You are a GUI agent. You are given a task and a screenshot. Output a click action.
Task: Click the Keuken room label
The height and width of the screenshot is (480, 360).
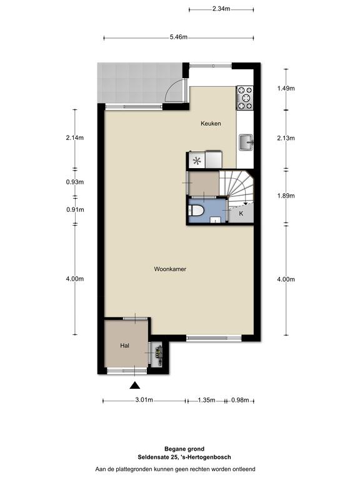pyautogui.click(x=211, y=124)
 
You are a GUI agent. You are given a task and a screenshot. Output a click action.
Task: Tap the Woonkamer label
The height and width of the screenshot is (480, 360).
pyautogui.click(x=170, y=269)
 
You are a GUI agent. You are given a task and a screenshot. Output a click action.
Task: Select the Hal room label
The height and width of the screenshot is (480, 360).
pyautogui.click(x=124, y=346)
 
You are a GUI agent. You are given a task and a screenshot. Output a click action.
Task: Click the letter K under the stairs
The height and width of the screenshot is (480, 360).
pyautogui.click(x=241, y=213)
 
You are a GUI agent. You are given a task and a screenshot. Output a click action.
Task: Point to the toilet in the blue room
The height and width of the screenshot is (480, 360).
pyautogui.click(x=195, y=211)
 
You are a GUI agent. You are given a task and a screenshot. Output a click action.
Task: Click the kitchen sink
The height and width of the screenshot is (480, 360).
pyautogui.click(x=246, y=142)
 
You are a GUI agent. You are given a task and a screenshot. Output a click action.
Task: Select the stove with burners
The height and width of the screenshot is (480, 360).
pyautogui.click(x=245, y=98)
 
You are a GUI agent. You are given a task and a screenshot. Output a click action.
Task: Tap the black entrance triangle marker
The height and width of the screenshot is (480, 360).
pyautogui.click(x=135, y=386)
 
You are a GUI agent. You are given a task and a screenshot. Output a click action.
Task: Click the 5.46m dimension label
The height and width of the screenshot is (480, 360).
pyautogui.click(x=179, y=37)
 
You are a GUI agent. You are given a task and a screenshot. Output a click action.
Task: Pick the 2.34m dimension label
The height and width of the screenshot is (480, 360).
pyautogui.click(x=221, y=9)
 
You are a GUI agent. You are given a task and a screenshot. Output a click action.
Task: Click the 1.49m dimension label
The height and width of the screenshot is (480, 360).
pyautogui.click(x=286, y=89)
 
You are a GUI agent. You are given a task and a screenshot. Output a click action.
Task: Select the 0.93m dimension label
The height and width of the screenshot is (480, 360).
pyautogui.click(x=75, y=182)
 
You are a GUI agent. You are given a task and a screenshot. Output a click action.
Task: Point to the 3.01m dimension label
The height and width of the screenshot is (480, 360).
pyautogui.click(x=144, y=400)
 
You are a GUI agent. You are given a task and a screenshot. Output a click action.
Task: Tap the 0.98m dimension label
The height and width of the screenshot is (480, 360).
pyautogui.click(x=240, y=400)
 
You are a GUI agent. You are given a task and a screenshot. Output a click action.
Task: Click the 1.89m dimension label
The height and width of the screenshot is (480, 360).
pyautogui.click(x=286, y=196)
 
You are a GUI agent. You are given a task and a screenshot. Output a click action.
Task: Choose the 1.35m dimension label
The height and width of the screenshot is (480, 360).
pyautogui.click(x=207, y=400)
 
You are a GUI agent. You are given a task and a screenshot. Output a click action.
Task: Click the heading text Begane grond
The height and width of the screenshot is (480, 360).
pyautogui.click(x=184, y=449)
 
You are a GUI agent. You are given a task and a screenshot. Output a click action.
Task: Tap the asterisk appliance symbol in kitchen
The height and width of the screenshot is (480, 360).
pyautogui.click(x=196, y=161)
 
